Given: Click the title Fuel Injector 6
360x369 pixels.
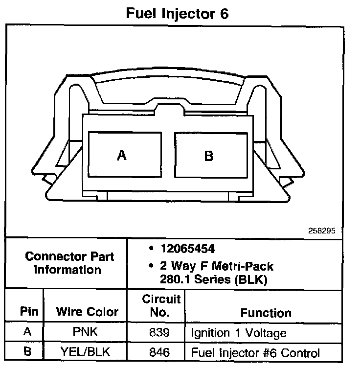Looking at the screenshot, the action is tap(177, 13).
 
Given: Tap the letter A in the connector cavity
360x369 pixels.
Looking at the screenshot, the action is tap(122, 156).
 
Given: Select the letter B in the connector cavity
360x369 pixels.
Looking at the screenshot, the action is tap(208, 156).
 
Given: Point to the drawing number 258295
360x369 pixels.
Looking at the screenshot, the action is tap(322, 231).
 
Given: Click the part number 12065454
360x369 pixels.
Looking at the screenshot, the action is tap(187, 249).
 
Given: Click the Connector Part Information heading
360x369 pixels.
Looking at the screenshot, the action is tap(69, 263).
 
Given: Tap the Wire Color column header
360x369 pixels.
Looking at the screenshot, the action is tap(87, 312).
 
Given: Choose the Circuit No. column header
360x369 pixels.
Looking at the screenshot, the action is tap(161, 305).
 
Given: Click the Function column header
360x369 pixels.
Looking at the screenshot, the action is tap(266, 312).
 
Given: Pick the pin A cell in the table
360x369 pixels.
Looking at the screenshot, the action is tap(27, 332).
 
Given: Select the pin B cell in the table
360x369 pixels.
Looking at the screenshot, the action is tap(27, 351).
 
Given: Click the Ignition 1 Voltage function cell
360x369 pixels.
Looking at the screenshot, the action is tap(238, 333).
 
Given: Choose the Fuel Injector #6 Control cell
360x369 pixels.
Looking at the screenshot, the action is tap(255, 352).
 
